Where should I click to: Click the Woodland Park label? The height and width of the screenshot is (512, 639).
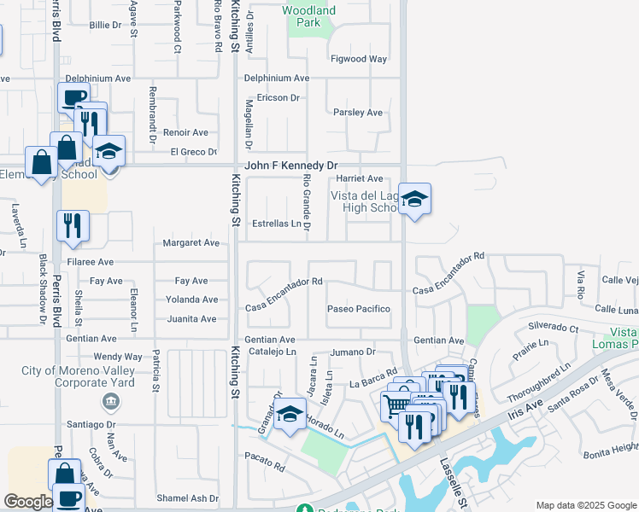click(308, 16)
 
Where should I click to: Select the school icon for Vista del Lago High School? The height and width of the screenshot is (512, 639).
click(414, 200)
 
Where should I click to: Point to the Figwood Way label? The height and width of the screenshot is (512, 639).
click(360, 60)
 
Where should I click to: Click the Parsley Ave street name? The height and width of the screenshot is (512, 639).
click(358, 113)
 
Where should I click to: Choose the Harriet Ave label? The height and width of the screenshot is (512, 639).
click(360, 179)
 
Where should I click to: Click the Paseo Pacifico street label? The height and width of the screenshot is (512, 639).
click(359, 309)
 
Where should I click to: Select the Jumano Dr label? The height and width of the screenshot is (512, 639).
click(353, 352)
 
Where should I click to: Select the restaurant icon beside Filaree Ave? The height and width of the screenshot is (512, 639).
click(72, 225)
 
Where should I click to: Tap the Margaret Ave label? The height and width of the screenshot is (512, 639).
click(191, 243)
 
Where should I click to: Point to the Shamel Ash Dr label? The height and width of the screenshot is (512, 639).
click(188, 498)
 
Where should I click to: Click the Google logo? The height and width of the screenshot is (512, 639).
click(28, 502)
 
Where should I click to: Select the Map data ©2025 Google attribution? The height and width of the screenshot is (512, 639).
click(585, 505)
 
